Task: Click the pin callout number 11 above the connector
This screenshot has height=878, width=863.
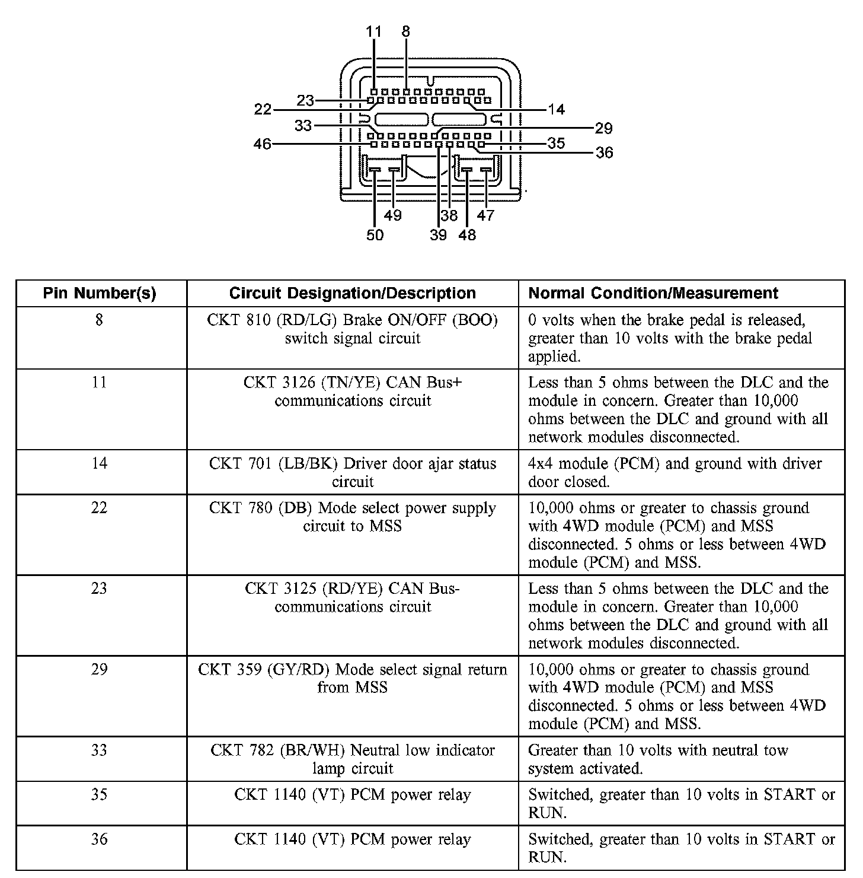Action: click(x=374, y=31)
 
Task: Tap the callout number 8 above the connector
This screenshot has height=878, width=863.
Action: click(x=405, y=31)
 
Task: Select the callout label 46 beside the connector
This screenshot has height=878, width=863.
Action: click(x=263, y=144)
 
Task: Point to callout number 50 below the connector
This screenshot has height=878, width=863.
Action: click(x=375, y=236)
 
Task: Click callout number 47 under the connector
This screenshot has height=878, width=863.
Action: click(x=485, y=215)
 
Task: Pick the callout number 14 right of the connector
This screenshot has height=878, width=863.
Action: click(x=556, y=109)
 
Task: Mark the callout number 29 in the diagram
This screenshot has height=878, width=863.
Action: click(x=603, y=128)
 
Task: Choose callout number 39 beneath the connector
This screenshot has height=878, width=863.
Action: click(x=438, y=236)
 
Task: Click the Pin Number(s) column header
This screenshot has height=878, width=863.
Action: click(x=100, y=293)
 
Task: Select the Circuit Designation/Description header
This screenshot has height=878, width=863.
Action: click(x=352, y=293)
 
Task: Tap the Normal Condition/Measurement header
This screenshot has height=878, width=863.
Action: click(x=653, y=293)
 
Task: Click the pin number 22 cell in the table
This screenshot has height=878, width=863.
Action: click(x=99, y=508)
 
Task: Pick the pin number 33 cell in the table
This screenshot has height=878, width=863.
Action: click(x=99, y=750)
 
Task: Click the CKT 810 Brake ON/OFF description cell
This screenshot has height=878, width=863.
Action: click(x=352, y=329)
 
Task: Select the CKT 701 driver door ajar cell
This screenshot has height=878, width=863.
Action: click(x=352, y=472)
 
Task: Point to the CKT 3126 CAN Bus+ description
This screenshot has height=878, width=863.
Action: click(x=352, y=392)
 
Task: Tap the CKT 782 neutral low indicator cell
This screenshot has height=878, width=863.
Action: click(x=352, y=759)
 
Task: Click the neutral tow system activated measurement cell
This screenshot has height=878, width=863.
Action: click(x=658, y=759)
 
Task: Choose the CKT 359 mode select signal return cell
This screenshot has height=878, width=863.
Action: click(x=352, y=678)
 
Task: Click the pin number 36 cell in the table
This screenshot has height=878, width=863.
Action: click(x=99, y=839)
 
